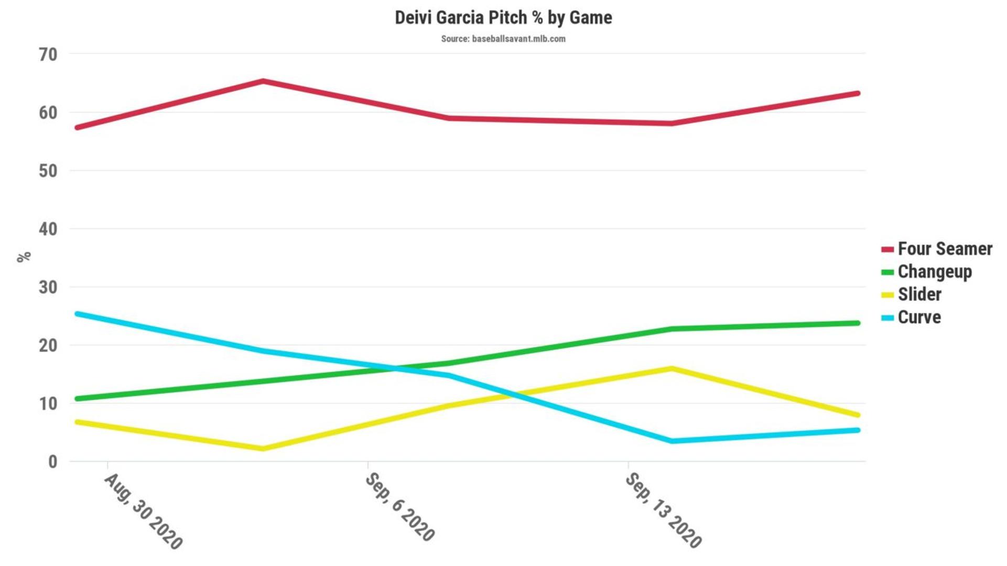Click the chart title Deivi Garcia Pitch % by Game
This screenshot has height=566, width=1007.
coord(503,18)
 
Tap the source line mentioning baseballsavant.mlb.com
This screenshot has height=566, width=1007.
coord(503,39)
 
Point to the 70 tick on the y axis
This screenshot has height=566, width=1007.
coord(48,55)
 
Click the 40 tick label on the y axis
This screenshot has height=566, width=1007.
coord(48,229)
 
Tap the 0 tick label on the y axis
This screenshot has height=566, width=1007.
coord(52,462)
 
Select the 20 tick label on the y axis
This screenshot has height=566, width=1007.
coord(48,345)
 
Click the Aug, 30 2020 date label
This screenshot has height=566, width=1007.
coord(143,511)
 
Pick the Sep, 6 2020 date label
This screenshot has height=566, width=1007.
coord(399,507)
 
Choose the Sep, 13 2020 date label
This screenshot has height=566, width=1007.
coord(663,510)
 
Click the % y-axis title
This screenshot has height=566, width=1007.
coord(24,257)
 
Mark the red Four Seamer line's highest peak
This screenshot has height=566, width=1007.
coord(263,81)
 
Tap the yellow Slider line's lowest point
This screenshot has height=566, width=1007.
coord(263,449)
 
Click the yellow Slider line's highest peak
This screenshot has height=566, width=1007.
coord(672,368)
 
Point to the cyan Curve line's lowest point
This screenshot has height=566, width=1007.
coord(672,441)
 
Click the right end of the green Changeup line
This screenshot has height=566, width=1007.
coord(858,323)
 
